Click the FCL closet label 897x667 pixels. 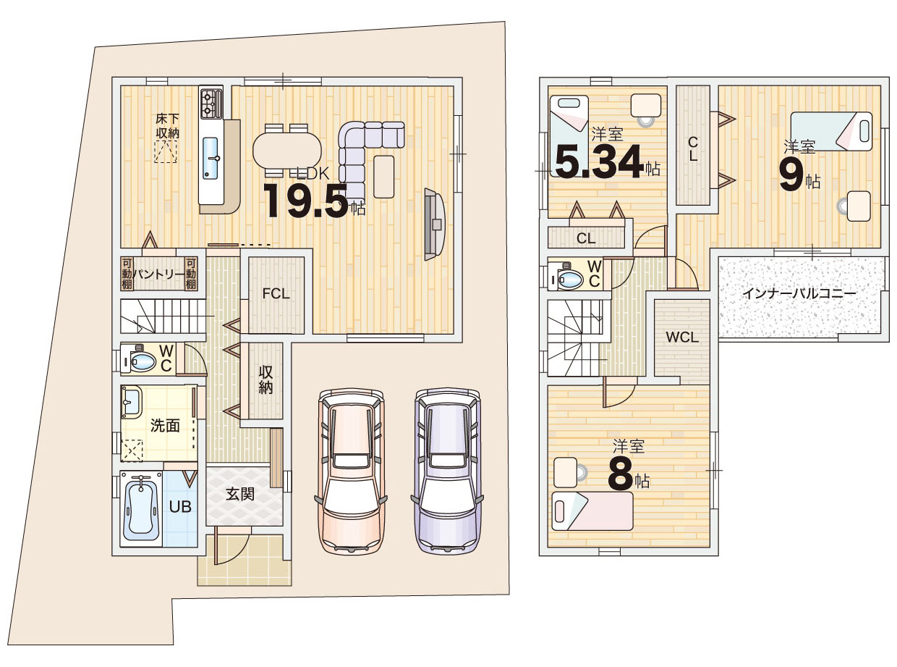276,293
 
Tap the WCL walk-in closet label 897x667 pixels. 682,337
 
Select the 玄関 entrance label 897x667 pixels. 240,494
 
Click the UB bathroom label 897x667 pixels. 180,507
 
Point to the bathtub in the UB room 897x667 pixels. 140,508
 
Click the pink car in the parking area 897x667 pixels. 350,470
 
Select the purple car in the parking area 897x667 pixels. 447,470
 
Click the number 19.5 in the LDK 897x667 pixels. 306,201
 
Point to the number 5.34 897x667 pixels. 599,161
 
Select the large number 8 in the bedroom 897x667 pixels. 620,474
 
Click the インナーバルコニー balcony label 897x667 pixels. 799,293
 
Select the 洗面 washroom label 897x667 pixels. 165,426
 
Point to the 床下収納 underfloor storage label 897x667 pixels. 167,126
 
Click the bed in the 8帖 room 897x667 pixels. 592,511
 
